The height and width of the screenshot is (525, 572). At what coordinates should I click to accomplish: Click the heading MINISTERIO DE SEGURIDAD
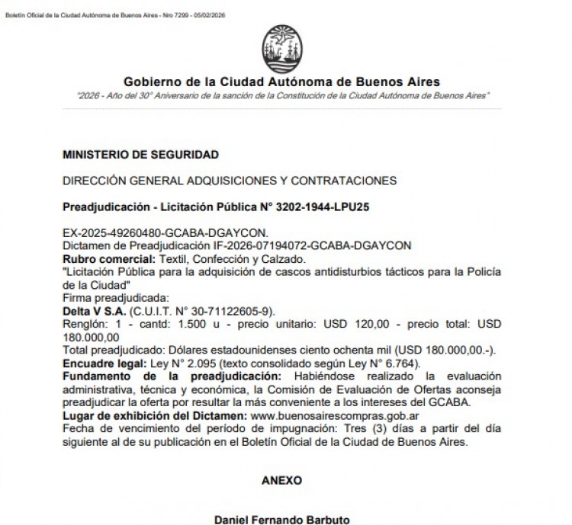[x=140, y=155]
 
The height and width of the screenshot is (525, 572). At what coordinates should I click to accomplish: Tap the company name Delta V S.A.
[x=94, y=312]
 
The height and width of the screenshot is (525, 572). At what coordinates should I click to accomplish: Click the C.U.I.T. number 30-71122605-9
[x=226, y=312]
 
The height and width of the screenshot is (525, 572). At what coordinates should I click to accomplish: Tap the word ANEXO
[x=281, y=481]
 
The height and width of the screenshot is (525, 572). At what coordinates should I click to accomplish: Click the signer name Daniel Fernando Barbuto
[x=281, y=520]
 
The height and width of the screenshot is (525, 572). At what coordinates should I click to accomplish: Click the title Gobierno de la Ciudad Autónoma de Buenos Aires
[x=281, y=82]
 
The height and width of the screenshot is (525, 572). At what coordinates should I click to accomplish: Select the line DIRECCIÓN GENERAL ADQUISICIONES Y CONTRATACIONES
[x=230, y=181]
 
